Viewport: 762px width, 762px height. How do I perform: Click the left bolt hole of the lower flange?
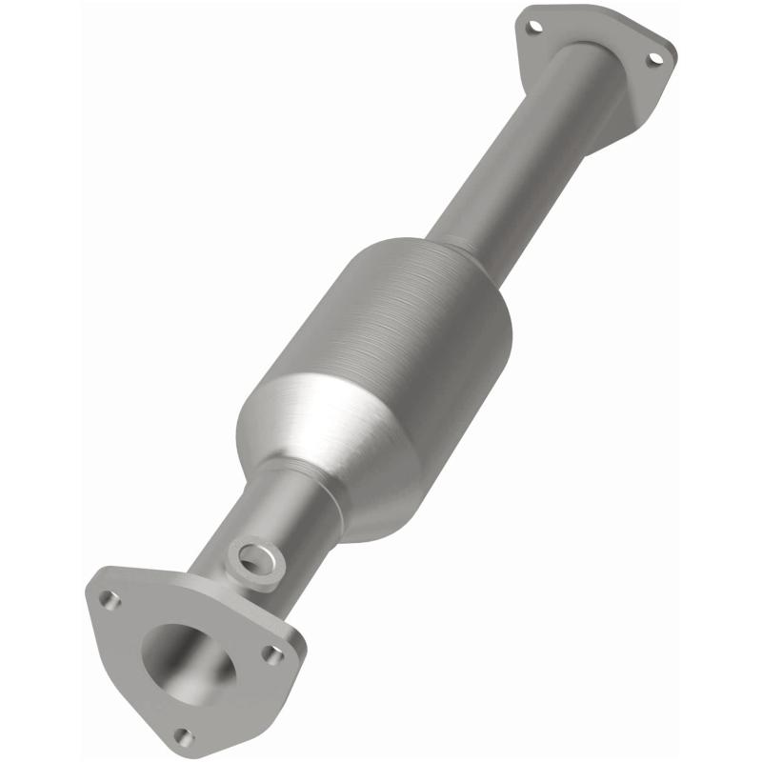pos(111,600)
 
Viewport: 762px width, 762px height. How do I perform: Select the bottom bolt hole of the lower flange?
pos(184,736)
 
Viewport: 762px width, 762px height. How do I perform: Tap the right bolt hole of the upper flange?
pos(654,59)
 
